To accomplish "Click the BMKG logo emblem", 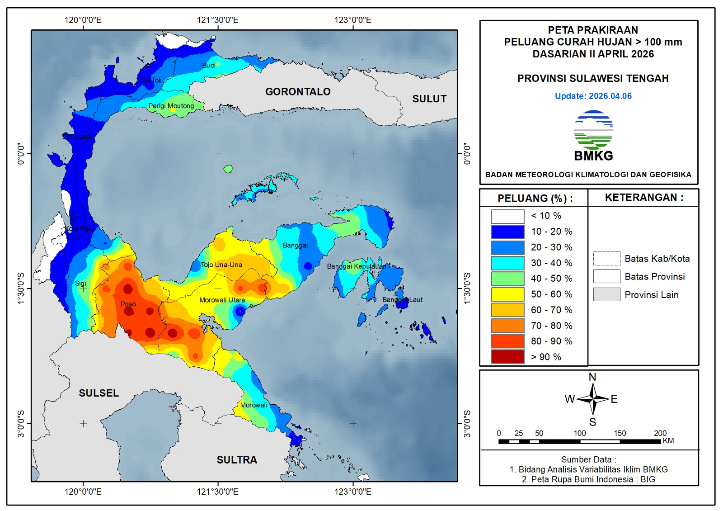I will click(x=593, y=131).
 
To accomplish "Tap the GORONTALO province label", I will click(x=298, y=92).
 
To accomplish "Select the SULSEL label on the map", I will click(x=99, y=393).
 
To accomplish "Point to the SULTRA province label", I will click(x=237, y=460).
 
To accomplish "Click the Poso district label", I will click(x=128, y=304).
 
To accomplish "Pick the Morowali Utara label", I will click(x=222, y=300).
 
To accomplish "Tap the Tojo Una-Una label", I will click(x=221, y=265).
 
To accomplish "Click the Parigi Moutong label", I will click(x=171, y=106).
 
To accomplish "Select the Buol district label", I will click(x=208, y=66).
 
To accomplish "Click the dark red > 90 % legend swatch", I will click(x=507, y=357).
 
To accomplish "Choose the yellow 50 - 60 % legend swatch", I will click(x=507, y=294).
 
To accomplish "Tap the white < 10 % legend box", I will click(x=507, y=216).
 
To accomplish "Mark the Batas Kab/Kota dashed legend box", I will click(x=606, y=259).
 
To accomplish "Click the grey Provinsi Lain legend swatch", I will click(x=606, y=294).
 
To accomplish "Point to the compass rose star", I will click(x=592, y=399).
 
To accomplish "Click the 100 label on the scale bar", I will click(x=580, y=433).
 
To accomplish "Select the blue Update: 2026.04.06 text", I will click(x=593, y=96).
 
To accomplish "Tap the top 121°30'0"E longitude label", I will click(x=217, y=20).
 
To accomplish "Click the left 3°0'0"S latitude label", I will click(x=21, y=424).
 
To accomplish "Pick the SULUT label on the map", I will click(x=429, y=99).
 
